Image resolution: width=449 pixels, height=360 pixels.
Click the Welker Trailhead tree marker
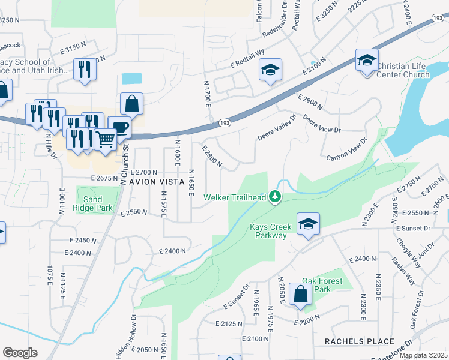pyautogui.click(x=275, y=196)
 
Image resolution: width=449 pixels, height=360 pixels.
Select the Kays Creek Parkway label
pyautogui.click(x=270, y=231)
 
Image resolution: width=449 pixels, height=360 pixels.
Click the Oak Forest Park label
pyautogui.click(x=322, y=285)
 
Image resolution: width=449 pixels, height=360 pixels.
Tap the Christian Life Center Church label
pyautogui.click(x=402, y=70)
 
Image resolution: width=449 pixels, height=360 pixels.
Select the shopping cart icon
pyautogui.click(x=105, y=140)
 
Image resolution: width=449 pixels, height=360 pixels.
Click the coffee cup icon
pyautogui.click(x=119, y=127)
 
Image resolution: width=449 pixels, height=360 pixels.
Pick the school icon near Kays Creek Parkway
pyautogui.click(x=308, y=224)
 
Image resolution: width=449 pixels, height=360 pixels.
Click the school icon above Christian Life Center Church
pyautogui.click(x=366, y=60)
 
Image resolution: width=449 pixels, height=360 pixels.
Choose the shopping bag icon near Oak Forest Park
pyautogui.click(x=300, y=295)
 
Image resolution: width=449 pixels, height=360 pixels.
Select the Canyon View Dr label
pyautogui.click(x=346, y=150)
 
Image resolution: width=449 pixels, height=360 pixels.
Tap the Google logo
pyautogui.click(x=20, y=353)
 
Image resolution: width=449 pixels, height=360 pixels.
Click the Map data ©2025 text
pyautogui.click(x=423, y=355)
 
